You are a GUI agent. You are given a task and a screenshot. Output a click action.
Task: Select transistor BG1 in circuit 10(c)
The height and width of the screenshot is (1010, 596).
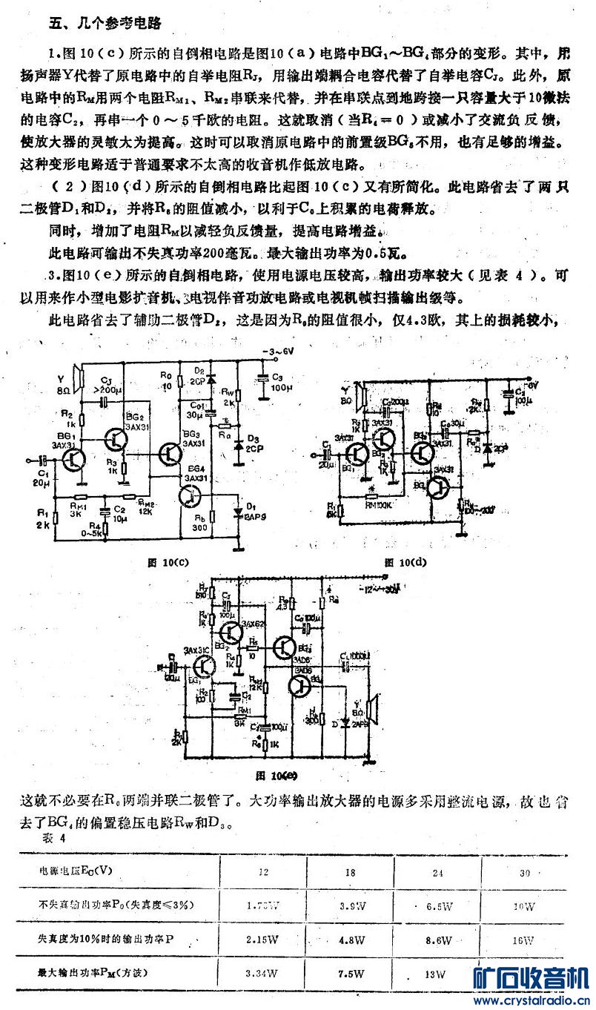coord(73,461)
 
